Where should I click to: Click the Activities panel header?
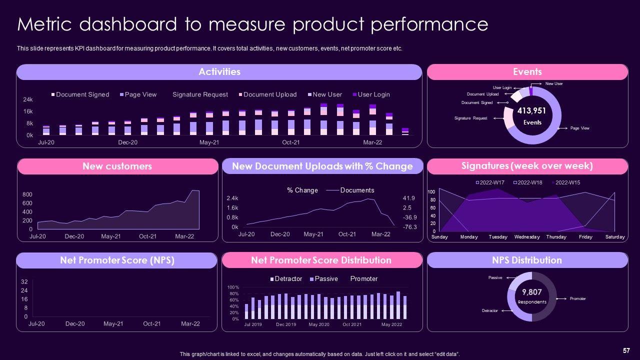click(x=219, y=72)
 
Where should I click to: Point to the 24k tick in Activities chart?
click(x=28, y=99)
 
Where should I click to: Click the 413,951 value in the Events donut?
click(x=531, y=111)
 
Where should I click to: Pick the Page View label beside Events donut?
click(x=579, y=128)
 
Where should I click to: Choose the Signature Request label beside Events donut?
click(x=470, y=118)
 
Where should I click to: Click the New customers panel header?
click(x=117, y=166)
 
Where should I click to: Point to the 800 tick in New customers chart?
click(x=27, y=194)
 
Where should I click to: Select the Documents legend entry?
click(x=357, y=190)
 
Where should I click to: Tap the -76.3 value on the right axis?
click(x=410, y=227)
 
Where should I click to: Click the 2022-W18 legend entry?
click(x=527, y=182)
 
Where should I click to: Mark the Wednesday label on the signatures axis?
click(x=526, y=237)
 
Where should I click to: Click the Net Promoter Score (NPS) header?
click(x=117, y=260)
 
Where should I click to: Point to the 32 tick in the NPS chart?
click(x=24, y=282)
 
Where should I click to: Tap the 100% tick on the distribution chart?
click(x=233, y=287)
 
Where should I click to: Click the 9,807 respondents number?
click(x=531, y=292)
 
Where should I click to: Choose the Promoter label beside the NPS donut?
click(x=577, y=299)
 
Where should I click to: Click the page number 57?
click(x=626, y=350)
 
